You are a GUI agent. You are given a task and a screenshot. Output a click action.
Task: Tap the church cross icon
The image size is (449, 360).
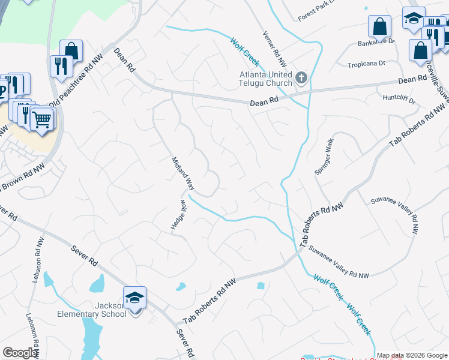[301, 77]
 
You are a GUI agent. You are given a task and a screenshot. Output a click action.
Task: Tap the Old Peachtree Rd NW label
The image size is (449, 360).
[80, 77]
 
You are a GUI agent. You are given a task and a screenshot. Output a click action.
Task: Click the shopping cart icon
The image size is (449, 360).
[41, 119]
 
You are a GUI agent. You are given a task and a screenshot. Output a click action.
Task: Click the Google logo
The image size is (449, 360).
[20, 353]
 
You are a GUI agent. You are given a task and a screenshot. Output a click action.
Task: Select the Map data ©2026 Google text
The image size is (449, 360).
[412, 355]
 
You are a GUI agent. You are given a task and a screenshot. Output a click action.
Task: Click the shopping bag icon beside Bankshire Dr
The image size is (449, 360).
[379, 26]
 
